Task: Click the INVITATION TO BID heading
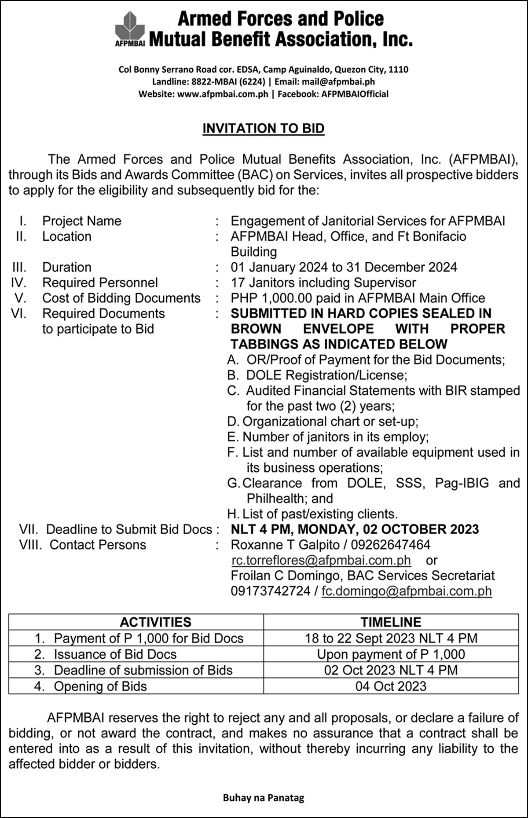(x=263, y=128)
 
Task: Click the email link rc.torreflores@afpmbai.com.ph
(x=321, y=560)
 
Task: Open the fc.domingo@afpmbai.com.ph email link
(x=407, y=591)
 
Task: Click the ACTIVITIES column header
(x=155, y=622)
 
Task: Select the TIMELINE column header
(x=391, y=622)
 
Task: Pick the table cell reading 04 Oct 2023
(x=391, y=686)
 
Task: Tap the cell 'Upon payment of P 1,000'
(x=391, y=654)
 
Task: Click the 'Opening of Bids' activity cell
(x=100, y=686)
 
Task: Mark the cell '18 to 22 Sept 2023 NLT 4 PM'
(x=391, y=638)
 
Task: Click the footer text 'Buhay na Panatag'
(x=264, y=797)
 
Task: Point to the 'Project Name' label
(x=81, y=221)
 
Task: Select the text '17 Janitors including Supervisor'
(x=323, y=282)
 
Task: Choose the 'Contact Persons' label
(x=98, y=545)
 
